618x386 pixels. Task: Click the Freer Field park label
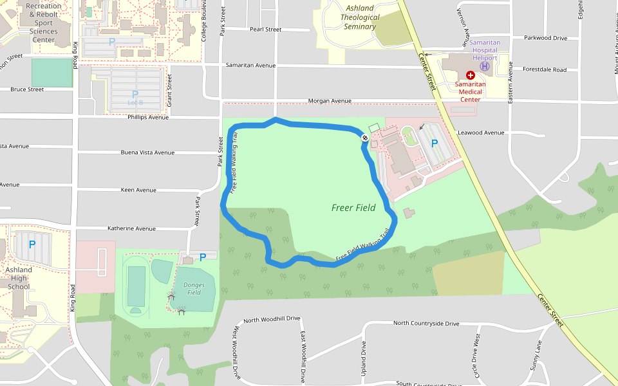point(353,208)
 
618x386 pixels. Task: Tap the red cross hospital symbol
point(471,75)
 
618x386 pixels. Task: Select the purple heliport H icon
point(485,66)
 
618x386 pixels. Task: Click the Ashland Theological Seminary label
point(360,17)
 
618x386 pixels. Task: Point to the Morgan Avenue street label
point(330,101)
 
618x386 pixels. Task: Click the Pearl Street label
point(265,30)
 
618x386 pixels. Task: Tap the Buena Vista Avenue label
point(147,153)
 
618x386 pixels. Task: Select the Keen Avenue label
point(138,190)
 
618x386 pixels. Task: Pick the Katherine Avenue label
point(131,228)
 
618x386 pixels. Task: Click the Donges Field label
point(193,288)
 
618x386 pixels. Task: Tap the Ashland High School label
point(19,278)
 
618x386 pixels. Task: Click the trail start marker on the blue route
point(364,137)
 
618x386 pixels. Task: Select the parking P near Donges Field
point(203,257)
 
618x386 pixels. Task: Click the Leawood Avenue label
point(480,133)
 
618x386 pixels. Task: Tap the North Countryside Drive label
point(426,323)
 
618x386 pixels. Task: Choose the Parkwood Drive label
point(545,38)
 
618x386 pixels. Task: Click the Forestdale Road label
point(545,69)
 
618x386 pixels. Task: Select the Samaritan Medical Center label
point(470,91)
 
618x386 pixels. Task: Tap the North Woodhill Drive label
point(272,319)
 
